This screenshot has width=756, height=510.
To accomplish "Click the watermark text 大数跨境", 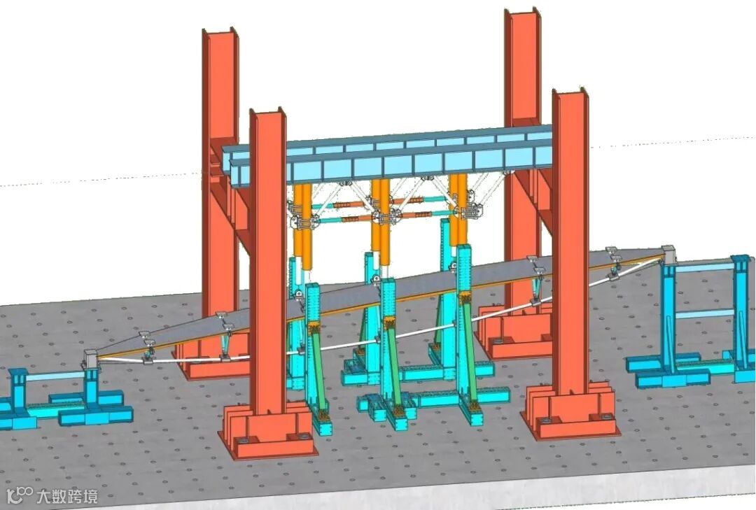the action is point(67,495).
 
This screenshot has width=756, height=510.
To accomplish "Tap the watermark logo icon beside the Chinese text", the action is point(21,495).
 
